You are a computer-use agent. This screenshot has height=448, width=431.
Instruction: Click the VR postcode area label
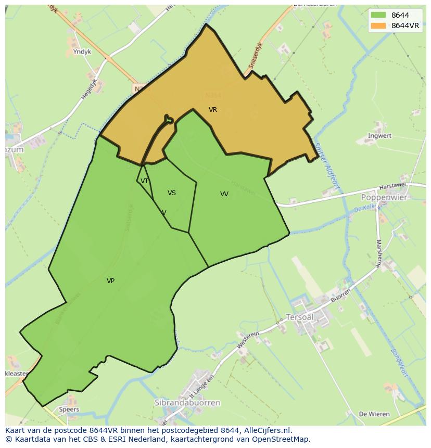[213, 110]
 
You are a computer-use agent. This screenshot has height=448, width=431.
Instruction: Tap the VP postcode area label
[110, 281]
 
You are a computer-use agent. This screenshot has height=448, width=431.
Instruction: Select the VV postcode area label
[224, 194]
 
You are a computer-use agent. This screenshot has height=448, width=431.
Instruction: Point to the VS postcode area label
[172, 193]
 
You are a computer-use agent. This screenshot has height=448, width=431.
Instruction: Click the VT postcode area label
[145, 181]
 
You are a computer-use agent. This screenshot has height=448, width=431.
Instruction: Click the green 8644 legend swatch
[378, 16]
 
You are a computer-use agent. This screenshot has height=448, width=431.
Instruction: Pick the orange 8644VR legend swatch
[378, 25]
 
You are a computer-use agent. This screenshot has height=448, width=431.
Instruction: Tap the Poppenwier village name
[384, 198]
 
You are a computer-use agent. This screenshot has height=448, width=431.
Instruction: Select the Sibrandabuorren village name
[187, 403]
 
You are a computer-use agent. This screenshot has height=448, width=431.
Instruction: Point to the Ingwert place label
[379, 136]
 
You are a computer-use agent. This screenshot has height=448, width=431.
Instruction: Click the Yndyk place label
[82, 52]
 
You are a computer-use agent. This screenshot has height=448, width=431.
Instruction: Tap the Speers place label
[69, 409]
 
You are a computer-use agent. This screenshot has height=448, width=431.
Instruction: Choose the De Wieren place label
[374, 414]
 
